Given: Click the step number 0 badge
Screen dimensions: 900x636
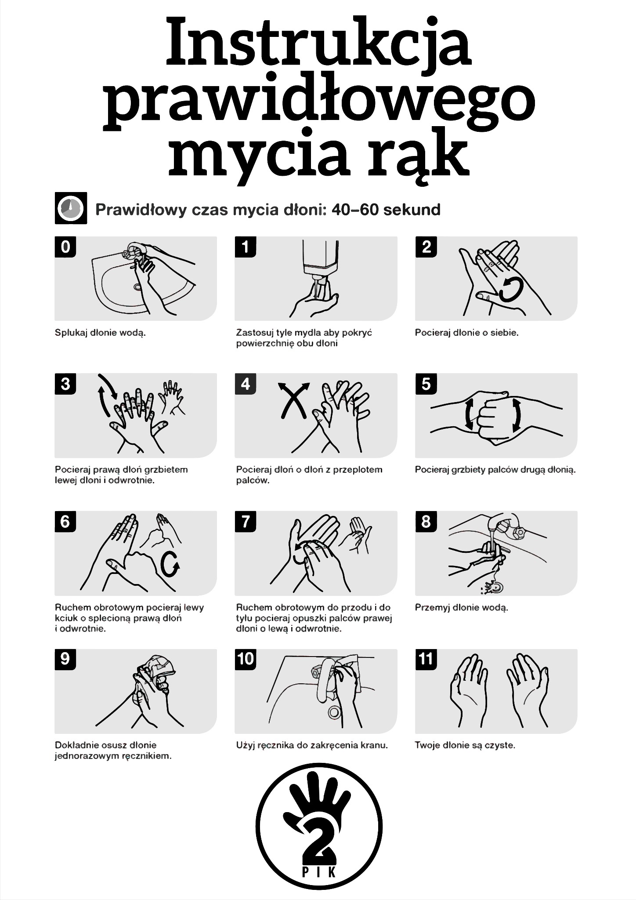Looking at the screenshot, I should [x=65, y=247].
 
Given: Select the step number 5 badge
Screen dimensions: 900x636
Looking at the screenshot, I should [x=426, y=384].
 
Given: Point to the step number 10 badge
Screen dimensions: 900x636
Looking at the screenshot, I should [x=246, y=659].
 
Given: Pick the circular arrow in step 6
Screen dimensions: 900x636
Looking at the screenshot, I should [x=170, y=563].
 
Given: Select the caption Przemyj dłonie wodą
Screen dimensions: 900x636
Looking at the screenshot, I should [x=461, y=608].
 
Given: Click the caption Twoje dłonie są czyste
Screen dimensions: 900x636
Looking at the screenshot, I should [x=465, y=745].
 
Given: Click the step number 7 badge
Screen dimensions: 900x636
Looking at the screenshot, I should [x=246, y=521].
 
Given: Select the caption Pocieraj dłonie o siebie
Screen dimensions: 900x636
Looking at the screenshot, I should [x=466, y=333].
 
